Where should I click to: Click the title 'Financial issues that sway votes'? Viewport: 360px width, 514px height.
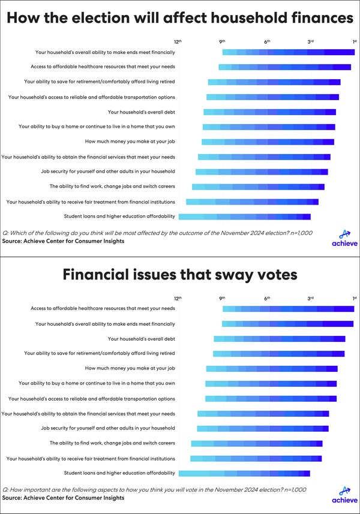(x=180, y=276)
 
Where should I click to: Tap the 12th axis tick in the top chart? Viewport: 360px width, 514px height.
(x=178, y=41)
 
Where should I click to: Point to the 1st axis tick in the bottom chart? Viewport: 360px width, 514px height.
(x=355, y=298)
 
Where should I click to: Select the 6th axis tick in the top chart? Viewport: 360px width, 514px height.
(x=267, y=41)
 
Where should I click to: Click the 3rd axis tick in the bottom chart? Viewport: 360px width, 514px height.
(x=311, y=298)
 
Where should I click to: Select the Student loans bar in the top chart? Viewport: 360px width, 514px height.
(x=245, y=217)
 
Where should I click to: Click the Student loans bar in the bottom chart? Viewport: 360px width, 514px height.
(x=245, y=473)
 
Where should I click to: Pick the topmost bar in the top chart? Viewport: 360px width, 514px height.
(x=288, y=52)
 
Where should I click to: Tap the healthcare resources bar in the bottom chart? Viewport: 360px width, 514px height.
(x=288, y=309)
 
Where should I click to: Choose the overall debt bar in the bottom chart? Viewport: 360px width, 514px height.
(x=279, y=339)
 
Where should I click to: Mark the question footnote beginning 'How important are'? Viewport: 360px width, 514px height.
(x=155, y=489)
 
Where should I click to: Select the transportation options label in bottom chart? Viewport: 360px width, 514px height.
(x=105, y=398)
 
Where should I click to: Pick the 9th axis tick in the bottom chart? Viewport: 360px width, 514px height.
(x=222, y=298)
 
